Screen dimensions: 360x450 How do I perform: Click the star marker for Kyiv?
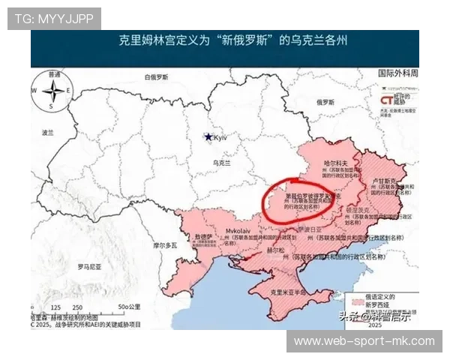208,137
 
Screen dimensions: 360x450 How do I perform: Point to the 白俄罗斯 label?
159,76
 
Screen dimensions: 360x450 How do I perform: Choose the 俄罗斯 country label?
325,101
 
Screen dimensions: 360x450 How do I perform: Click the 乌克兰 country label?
222,162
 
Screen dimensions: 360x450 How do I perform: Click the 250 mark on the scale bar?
76,307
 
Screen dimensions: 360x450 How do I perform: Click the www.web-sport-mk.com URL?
364,341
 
